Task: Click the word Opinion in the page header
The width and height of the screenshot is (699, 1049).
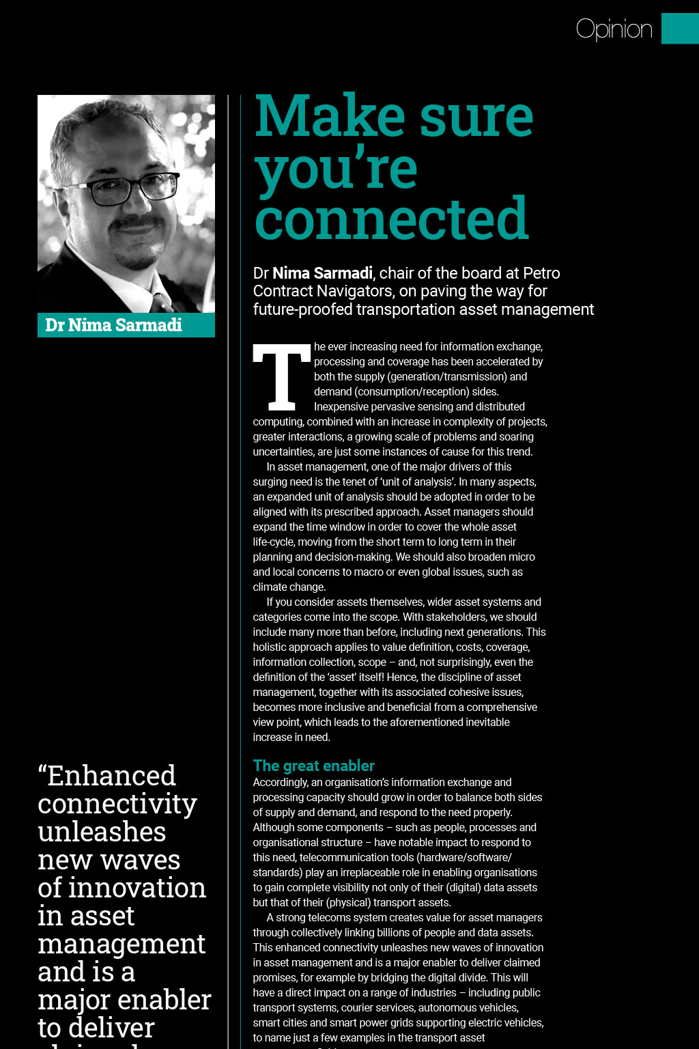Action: (614, 29)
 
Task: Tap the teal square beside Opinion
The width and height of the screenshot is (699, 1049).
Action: (679, 29)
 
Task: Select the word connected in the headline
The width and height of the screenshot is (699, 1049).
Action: (391, 219)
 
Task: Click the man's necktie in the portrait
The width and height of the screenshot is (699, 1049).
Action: (161, 303)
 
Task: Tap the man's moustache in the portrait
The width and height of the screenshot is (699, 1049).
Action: (139, 223)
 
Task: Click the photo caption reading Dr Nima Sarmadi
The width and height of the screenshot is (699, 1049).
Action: (113, 325)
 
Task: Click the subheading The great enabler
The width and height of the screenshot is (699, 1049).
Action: (313, 766)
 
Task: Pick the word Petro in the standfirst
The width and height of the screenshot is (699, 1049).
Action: (541, 273)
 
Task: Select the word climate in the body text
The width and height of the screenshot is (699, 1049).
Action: (269, 587)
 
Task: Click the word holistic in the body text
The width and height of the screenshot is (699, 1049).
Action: (269, 647)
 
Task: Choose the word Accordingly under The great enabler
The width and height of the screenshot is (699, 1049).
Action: (280, 783)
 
